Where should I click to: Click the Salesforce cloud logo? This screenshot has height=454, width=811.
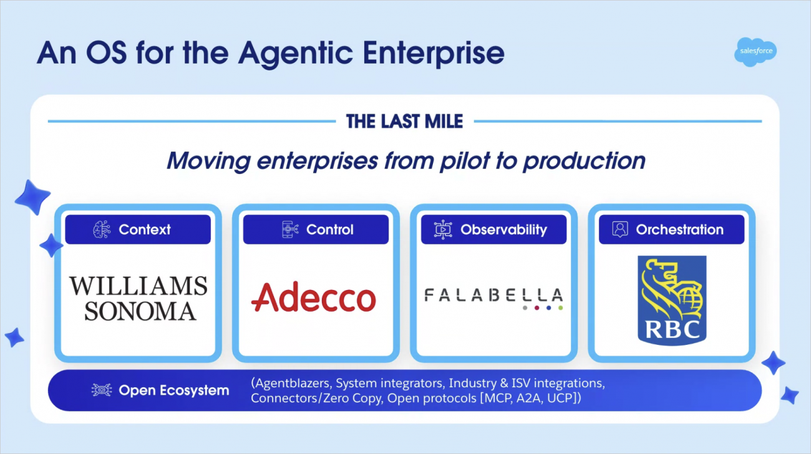point(755,52)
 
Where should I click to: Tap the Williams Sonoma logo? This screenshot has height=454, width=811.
point(138,298)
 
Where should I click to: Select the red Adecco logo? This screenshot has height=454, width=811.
point(314,297)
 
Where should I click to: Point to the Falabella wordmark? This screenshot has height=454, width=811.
point(494,298)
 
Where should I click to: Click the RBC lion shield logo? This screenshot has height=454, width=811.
point(672,301)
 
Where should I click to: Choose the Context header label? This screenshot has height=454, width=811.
point(145,229)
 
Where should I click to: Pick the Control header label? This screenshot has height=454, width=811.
point(329,229)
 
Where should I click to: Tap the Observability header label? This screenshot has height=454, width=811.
point(503,229)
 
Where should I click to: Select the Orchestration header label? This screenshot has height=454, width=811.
point(679,229)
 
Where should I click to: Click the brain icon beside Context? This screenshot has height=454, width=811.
point(102,229)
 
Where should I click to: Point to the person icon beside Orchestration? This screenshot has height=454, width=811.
point(620,229)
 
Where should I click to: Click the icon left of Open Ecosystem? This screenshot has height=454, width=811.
point(101,390)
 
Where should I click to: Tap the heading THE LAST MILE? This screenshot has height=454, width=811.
point(404,121)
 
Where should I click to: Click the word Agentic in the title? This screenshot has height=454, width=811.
point(295,54)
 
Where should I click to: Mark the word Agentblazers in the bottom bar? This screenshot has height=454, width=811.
point(292,383)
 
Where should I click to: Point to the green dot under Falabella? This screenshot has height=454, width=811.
point(560,308)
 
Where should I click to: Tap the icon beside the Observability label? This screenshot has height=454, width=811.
point(443,229)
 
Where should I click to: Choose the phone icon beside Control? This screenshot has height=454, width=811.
point(290,229)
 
